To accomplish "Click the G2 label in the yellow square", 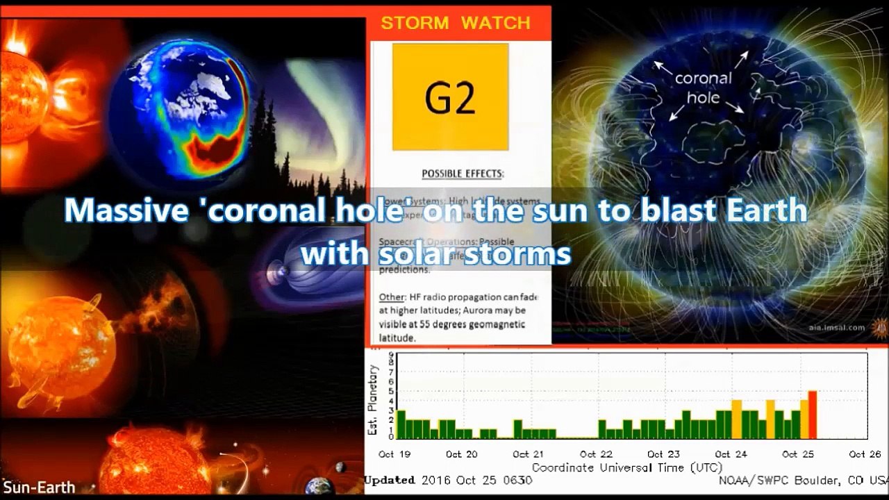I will [x=450, y=98].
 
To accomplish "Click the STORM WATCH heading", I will [x=455, y=23].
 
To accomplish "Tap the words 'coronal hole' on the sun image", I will [x=703, y=87].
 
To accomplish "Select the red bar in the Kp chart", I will [x=812, y=415].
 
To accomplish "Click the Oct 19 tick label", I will [x=395, y=454].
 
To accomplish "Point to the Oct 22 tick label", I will [x=597, y=454].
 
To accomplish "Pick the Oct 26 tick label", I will [x=865, y=454].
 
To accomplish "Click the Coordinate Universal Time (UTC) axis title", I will [x=626, y=467].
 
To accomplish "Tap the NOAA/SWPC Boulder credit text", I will [x=803, y=481].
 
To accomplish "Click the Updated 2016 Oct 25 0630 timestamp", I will [x=449, y=481].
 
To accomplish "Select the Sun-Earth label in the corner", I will [x=39, y=487].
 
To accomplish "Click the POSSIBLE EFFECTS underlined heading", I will [x=462, y=174].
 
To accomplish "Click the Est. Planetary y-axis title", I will [x=372, y=400].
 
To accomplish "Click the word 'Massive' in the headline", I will [x=126, y=210].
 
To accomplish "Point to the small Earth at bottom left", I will [x=319, y=485].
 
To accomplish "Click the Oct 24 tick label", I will [x=731, y=454].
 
